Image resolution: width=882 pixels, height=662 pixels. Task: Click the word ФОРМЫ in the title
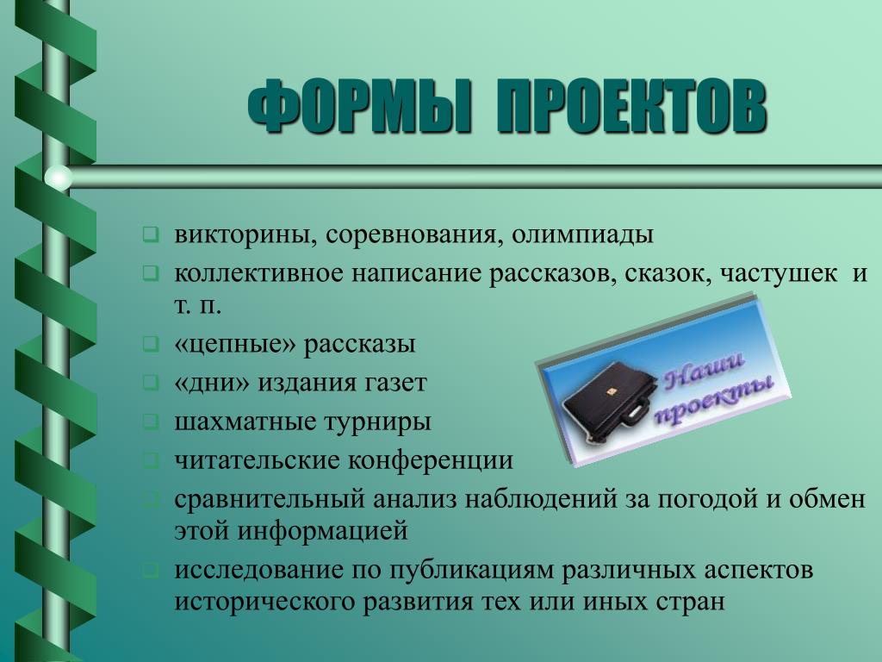pyautogui.click(x=359, y=106)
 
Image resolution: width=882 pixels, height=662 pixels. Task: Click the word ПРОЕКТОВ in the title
pyautogui.click(x=631, y=106)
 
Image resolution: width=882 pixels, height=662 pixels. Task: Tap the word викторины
pyautogui.click(x=241, y=234)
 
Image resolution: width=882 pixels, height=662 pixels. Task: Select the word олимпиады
pyautogui.click(x=582, y=235)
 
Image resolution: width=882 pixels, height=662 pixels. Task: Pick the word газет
pyautogui.click(x=396, y=383)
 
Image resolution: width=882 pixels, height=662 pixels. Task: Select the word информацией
pyautogui.click(x=322, y=531)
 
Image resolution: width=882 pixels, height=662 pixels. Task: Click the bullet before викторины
pyautogui.click(x=151, y=234)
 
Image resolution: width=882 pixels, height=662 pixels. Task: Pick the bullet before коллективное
pyautogui.click(x=151, y=273)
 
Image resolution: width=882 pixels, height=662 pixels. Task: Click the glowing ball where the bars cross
pyautogui.click(x=59, y=178)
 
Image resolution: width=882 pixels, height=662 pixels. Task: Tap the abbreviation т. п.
pyautogui.click(x=197, y=306)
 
